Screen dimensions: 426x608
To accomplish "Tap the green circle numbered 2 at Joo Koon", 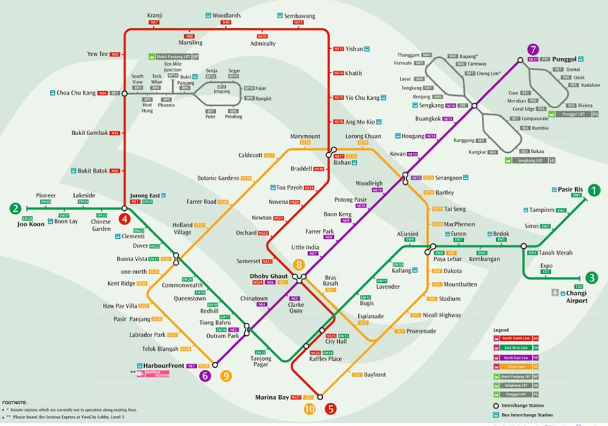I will click(x=16, y=209).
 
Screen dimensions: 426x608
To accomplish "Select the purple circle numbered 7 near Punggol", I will click(x=533, y=50).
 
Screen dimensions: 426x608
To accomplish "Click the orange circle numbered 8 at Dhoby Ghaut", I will click(x=299, y=265).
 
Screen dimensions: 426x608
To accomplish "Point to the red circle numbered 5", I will click(x=331, y=409).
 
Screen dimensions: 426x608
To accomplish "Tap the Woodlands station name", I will click(x=226, y=15).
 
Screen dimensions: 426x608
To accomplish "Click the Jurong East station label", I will click(x=145, y=195).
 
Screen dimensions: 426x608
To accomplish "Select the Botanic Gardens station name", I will click(x=218, y=178).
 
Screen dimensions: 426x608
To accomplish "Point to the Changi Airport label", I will click(x=576, y=297).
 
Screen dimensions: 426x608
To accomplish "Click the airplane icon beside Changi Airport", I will click(x=555, y=292).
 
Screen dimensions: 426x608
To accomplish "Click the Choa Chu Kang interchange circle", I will click(x=125, y=93).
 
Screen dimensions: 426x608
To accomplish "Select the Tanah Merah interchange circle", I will click(x=524, y=246).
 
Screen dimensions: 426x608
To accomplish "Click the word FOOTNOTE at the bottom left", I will click(x=14, y=403).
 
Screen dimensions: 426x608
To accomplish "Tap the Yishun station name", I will click(x=354, y=49).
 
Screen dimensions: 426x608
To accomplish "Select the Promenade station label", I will click(x=421, y=331).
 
